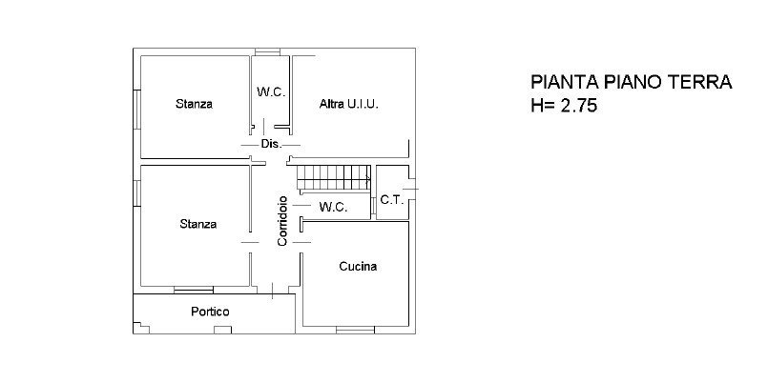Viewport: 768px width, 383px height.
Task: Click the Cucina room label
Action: (x=358, y=267)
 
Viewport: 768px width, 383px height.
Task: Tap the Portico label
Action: (x=210, y=312)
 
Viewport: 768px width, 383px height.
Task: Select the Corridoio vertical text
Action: (x=282, y=221)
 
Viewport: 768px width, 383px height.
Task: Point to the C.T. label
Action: (x=391, y=199)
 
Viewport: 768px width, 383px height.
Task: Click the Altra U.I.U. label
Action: (x=349, y=104)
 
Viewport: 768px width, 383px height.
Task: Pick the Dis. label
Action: (x=271, y=144)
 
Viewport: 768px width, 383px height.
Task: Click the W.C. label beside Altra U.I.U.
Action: (x=271, y=92)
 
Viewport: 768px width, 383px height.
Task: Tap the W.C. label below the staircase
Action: (x=334, y=207)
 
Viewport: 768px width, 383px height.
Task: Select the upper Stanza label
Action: (x=194, y=104)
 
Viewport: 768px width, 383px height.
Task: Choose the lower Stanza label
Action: (x=197, y=224)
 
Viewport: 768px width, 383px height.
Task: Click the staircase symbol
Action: (x=334, y=177)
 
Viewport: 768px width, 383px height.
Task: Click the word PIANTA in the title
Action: (x=565, y=82)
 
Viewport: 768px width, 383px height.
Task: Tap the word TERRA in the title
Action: (x=700, y=82)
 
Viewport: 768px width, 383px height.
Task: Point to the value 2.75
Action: (x=578, y=106)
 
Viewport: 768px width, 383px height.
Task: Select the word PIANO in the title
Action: (x=634, y=82)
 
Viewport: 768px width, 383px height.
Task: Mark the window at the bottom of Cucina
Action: (x=355, y=331)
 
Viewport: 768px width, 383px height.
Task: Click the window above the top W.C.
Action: (x=267, y=51)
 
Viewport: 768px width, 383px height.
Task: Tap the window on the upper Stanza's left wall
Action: (x=137, y=110)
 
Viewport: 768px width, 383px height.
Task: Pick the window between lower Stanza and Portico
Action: (x=194, y=290)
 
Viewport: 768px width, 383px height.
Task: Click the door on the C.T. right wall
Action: (x=412, y=189)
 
